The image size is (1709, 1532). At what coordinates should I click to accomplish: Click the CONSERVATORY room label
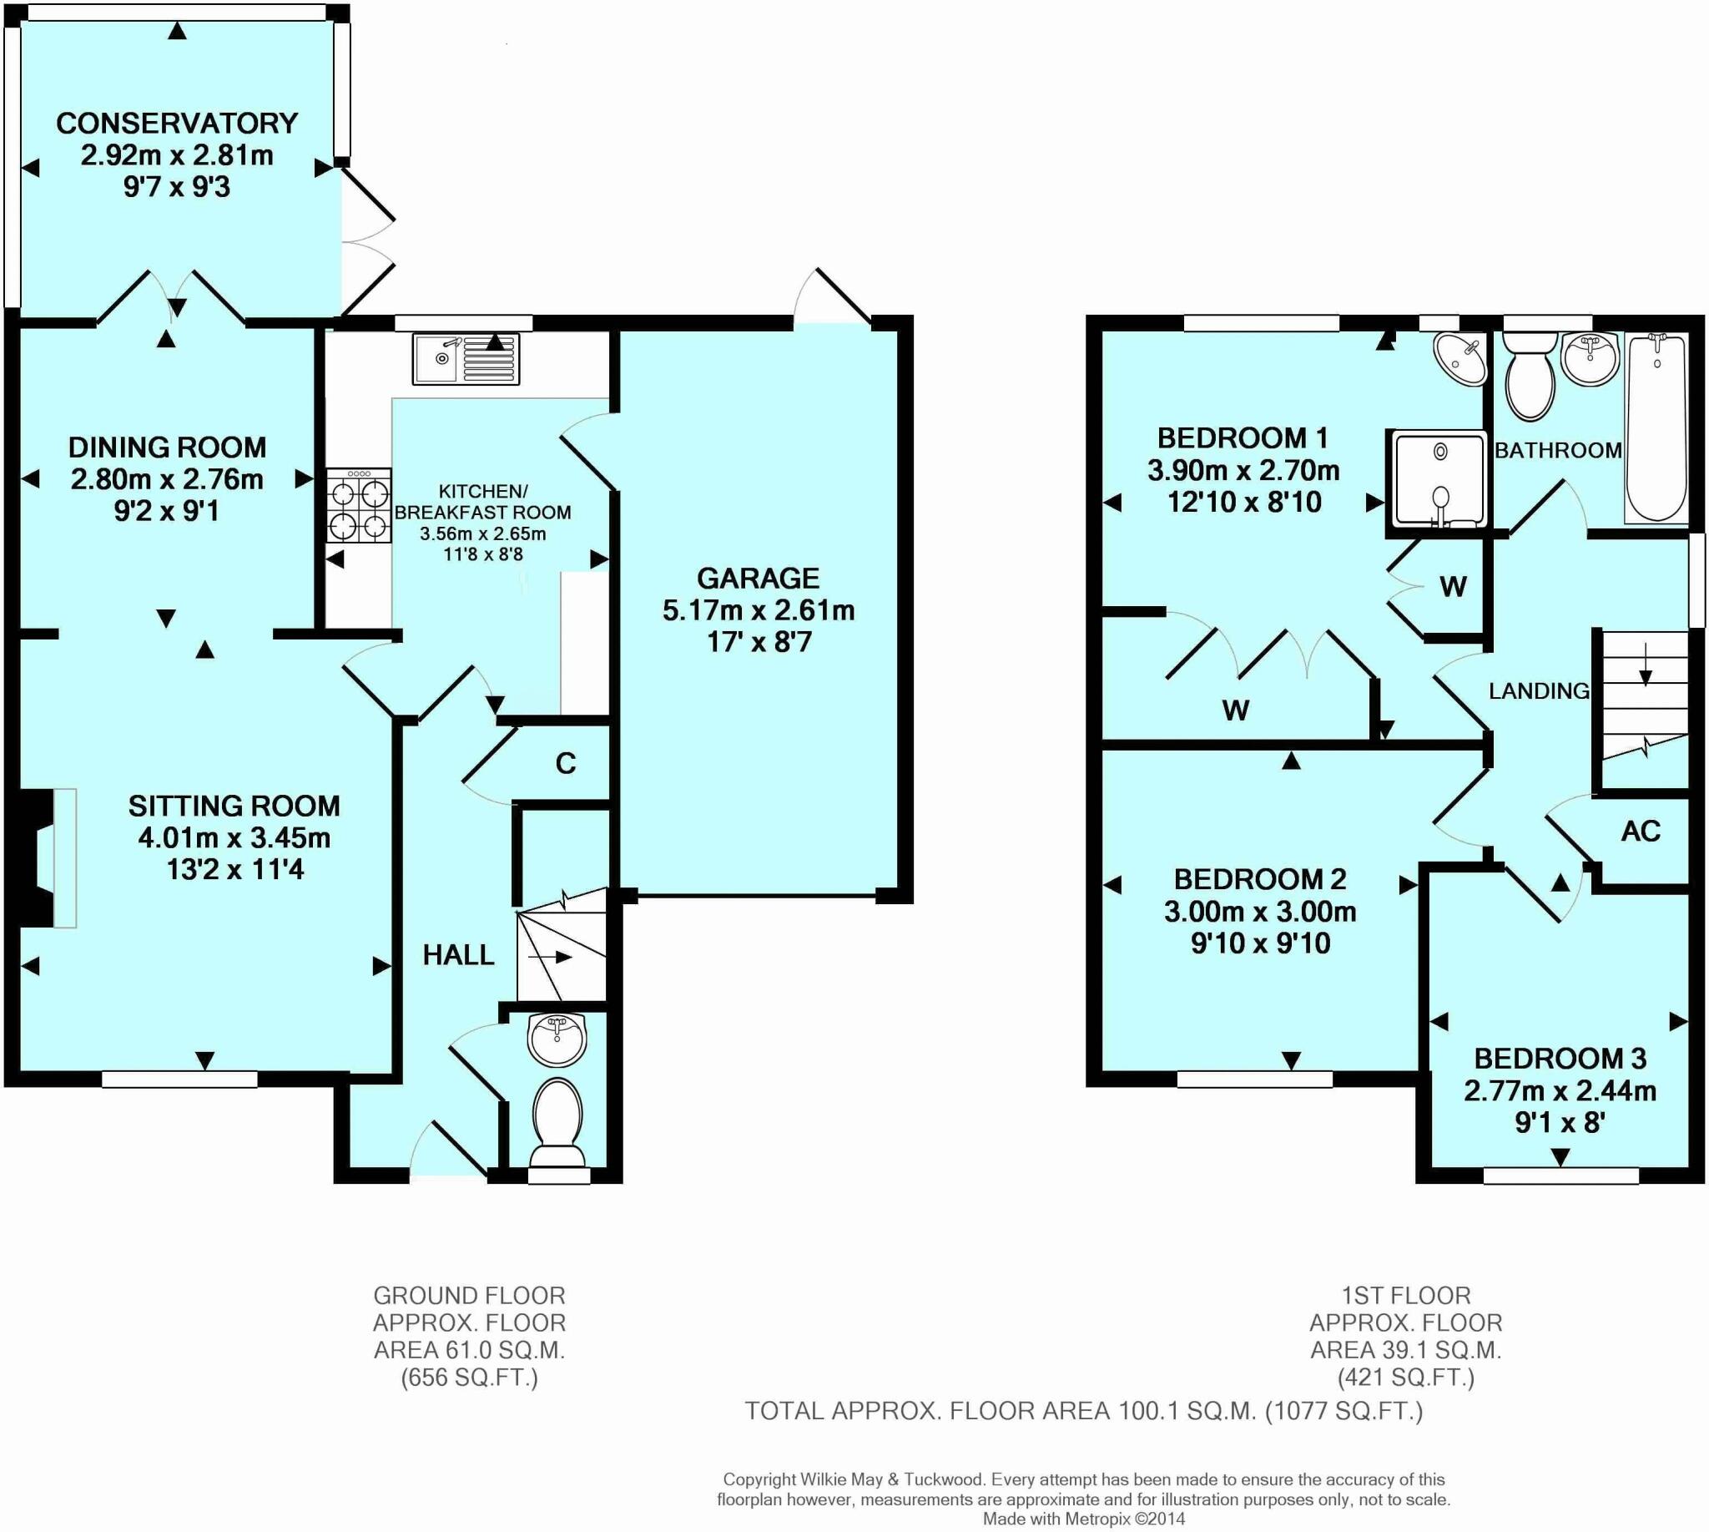click(x=177, y=123)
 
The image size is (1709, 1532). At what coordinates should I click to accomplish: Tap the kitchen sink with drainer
click(x=466, y=359)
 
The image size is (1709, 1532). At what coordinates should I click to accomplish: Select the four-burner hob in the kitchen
click(x=360, y=505)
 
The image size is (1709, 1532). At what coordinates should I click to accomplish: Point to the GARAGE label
click(x=759, y=579)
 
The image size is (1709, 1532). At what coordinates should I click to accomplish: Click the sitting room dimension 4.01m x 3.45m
click(x=234, y=837)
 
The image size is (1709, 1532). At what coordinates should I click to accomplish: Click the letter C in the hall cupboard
click(x=566, y=763)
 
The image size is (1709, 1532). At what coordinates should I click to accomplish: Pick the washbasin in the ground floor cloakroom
click(x=557, y=1039)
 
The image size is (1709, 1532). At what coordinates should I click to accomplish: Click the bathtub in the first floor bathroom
click(x=1656, y=427)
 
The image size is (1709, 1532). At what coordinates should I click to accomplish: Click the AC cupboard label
click(x=1640, y=832)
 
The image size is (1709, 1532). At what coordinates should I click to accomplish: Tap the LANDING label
click(x=1539, y=691)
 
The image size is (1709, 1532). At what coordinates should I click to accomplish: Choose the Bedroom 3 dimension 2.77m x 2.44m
click(x=1560, y=1091)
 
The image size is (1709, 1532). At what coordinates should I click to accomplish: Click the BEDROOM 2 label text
click(x=1260, y=879)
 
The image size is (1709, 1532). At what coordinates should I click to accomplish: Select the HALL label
click(x=458, y=954)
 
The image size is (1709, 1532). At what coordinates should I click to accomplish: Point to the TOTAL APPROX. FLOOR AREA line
click(x=1084, y=1411)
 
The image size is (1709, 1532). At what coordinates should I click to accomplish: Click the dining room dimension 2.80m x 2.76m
click(x=167, y=479)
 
